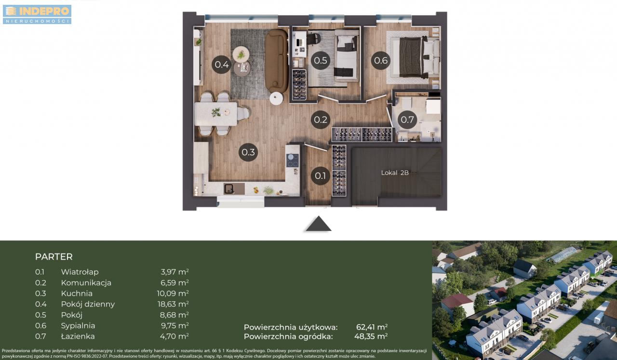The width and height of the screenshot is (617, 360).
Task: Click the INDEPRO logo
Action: pyautogui.click(x=37, y=14)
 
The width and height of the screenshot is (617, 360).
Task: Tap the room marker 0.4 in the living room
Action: pyautogui.click(x=221, y=65)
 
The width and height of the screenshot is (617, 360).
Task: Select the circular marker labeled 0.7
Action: pyautogui.click(x=407, y=120)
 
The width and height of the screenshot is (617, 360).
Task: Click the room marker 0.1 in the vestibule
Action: pyautogui.click(x=321, y=176)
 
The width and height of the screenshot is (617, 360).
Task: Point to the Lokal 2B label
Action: pyautogui.click(x=395, y=173)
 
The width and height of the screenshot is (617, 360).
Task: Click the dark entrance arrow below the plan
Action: pyautogui.click(x=319, y=224)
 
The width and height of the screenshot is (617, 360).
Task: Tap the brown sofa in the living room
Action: pyautogui.click(x=277, y=61)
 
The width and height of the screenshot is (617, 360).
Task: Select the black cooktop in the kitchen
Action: pyautogui.click(x=292, y=160)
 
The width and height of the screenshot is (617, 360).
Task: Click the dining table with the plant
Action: pyautogui.click(x=216, y=113)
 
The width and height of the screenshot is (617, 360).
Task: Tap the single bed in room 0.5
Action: pyautogui.click(x=347, y=58)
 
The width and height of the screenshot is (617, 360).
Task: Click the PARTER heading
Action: pyautogui.click(x=54, y=257)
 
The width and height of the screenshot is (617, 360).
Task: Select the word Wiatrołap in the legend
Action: pyautogui.click(x=80, y=272)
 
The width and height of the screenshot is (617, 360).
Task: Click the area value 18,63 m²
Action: pyautogui.click(x=173, y=304)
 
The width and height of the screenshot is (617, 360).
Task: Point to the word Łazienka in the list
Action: pyautogui.click(x=78, y=336)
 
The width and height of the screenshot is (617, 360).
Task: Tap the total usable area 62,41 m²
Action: pyautogui.click(x=372, y=327)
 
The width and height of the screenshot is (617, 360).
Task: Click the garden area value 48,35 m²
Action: pyautogui.click(x=371, y=336)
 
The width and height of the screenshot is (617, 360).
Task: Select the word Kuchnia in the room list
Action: pyautogui.click(x=77, y=293)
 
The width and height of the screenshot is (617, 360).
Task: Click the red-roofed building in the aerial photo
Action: pyautogui.click(x=457, y=303)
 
